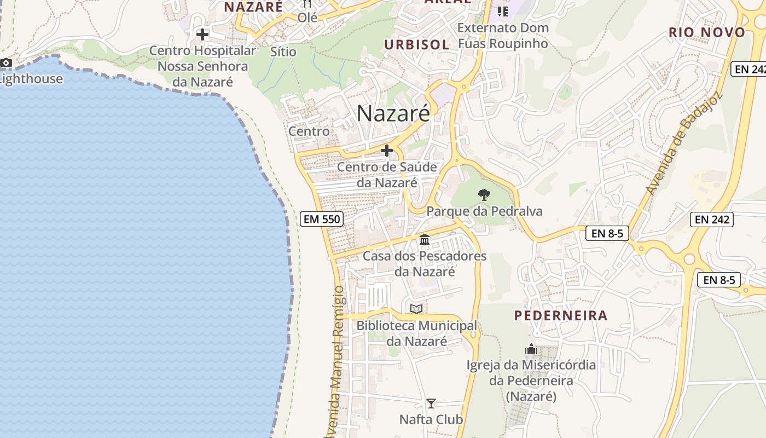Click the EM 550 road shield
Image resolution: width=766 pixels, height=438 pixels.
pos(322,220)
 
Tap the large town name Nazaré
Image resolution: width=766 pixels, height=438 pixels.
pos(393,113)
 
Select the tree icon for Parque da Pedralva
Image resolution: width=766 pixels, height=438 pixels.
pos(484,194)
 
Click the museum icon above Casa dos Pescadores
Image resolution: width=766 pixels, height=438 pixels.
pos(425,239)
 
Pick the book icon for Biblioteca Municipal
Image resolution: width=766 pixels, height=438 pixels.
pos(416,309)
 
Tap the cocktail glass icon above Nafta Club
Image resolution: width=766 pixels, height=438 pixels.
pos(431,404)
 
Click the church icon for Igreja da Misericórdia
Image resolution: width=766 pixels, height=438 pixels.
pos(531,349)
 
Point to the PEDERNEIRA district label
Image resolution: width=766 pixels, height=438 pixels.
pos(561,315)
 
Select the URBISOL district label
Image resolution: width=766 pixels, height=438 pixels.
pos(416,45)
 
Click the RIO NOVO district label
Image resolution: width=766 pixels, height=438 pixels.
pos(707,32)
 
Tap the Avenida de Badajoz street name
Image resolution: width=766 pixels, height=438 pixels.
pos(683,143)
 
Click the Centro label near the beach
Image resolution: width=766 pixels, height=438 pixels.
pos(309,131)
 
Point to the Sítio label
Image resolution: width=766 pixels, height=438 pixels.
pos(283,52)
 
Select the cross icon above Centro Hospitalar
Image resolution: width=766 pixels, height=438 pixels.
pos(202,34)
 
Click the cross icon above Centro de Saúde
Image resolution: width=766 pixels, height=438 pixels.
pos(387,151)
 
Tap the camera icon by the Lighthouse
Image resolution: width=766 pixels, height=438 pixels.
pos(6,63)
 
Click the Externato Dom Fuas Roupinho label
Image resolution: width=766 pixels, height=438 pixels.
pos(502,36)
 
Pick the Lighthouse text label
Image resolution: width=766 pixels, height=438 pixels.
pos(31,79)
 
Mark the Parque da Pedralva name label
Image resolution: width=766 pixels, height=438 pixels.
pos(484,211)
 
